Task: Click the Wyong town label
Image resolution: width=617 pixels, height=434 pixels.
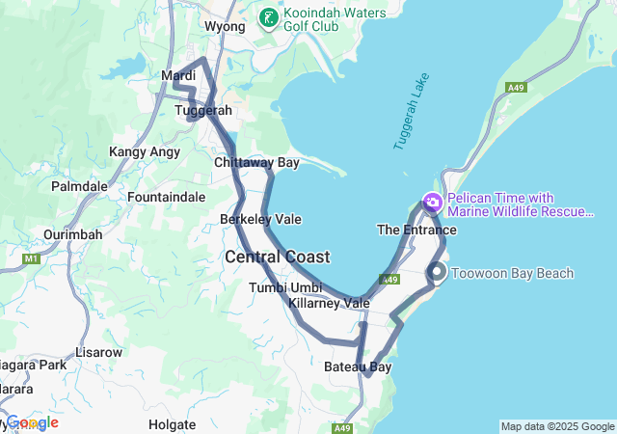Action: (226, 27)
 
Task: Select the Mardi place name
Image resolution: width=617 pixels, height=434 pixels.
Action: (178, 75)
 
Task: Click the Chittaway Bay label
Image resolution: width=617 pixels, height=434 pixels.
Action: (256, 163)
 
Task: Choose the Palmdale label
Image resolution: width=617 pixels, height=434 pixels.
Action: (79, 185)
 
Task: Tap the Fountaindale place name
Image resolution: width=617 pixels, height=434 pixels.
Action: (167, 197)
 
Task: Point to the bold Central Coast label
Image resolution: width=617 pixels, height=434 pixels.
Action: (278, 258)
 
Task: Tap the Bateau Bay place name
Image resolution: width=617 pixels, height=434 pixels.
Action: (358, 367)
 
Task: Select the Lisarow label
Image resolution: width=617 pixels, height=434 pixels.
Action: (99, 352)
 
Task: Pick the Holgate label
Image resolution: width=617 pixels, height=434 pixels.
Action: (173, 423)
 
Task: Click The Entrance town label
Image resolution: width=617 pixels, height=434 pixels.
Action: (416, 231)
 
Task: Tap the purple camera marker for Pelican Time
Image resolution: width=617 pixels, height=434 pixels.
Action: (432, 203)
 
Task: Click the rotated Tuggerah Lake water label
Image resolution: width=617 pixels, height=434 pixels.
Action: (409, 116)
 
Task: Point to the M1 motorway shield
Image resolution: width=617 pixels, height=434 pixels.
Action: (31, 258)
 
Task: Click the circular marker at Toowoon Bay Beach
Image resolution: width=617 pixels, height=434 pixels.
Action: (438, 273)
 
